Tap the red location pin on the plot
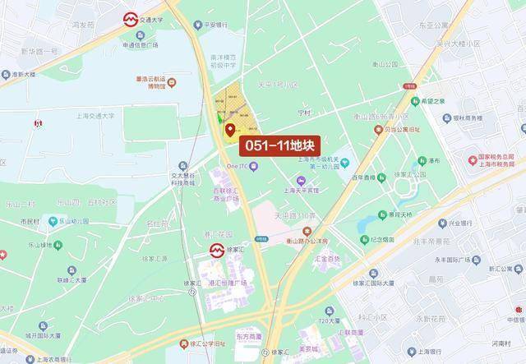(x=229, y=129)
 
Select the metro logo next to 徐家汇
(x=215, y=249)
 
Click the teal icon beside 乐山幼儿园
(x=52, y=221)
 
